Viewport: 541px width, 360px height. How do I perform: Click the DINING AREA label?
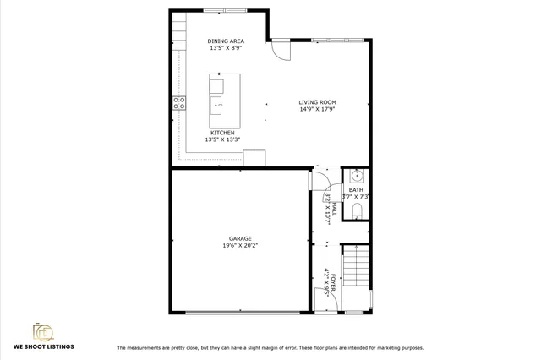(x=226, y=41)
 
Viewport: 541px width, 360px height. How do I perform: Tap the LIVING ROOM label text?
(x=317, y=102)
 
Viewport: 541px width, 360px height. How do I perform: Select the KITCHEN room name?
(x=223, y=133)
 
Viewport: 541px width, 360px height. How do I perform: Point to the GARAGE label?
(x=239, y=238)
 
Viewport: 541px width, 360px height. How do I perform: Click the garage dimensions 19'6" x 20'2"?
(x=239, y=246)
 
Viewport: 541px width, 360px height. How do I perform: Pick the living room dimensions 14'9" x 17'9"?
(x=317, y=109)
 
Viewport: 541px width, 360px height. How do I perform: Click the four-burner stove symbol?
(x=179, y=103)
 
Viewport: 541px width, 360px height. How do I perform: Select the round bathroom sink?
(x=356, y=176)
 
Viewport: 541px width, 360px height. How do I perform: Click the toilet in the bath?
(x=356, y=210)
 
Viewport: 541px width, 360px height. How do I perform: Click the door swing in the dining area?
(x=278, y=50)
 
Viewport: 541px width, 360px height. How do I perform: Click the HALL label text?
(x=333, y=207)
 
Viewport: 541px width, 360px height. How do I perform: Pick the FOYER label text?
(x=333, y=283)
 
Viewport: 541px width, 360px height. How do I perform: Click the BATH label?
(x=356, y=190)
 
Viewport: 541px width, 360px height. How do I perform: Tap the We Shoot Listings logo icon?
(x=42, y=330)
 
